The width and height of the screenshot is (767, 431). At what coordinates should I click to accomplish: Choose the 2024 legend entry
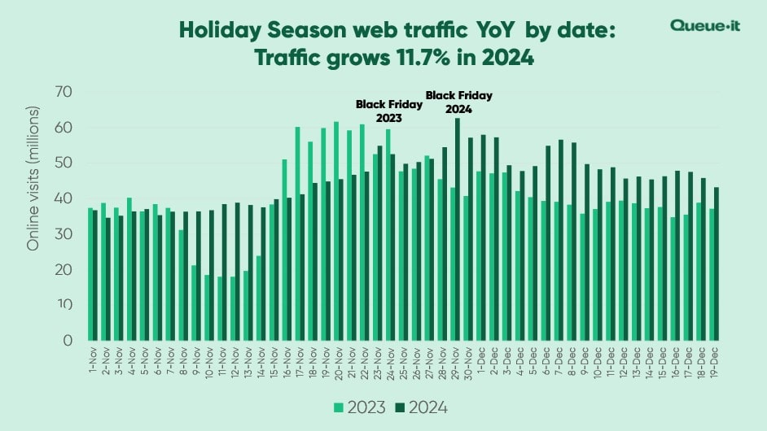point(420,407)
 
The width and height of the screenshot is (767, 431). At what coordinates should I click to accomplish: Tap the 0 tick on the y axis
point(67,340)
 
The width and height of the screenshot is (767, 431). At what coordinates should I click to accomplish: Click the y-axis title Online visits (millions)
point(34,176)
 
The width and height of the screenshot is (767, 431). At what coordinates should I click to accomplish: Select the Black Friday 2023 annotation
point(388,111)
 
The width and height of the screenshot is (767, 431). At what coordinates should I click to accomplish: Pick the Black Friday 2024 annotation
point(459,102)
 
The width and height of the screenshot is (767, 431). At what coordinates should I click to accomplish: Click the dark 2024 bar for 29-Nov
point(458,229)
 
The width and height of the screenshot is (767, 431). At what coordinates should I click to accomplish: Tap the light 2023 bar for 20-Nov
point(335,231)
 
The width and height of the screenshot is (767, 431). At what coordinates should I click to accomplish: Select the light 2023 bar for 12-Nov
point(234,308)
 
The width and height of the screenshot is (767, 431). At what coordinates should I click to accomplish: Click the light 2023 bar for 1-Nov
point(90,274)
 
